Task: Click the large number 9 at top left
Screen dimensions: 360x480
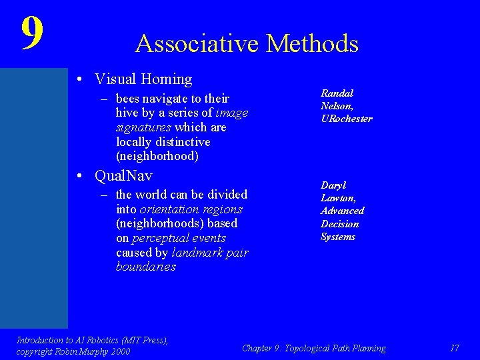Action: coord(31,33)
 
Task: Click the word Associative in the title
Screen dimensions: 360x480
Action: coord(197,44)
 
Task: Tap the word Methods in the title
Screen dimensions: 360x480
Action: coord(312,44)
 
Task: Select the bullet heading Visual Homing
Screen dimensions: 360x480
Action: coord(143,79)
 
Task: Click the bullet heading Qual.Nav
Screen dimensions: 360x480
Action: coord(123,176)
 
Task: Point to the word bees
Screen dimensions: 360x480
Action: coord(129,99)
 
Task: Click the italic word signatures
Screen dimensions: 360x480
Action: coord(143,127)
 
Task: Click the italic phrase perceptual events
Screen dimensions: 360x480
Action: coord(179,238)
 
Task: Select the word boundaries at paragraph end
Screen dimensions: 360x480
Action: coord(145,267)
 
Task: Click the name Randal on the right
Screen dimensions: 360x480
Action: coord(337,93)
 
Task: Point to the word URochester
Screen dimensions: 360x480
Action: coord(346,119)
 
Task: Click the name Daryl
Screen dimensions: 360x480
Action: coord(333,185)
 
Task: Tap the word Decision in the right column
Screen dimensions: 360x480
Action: coord(339,224)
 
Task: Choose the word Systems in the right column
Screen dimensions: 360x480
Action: coord(338,237)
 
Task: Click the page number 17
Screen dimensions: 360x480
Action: coord(455,348)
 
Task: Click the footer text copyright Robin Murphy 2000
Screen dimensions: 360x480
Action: coord(73,351)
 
